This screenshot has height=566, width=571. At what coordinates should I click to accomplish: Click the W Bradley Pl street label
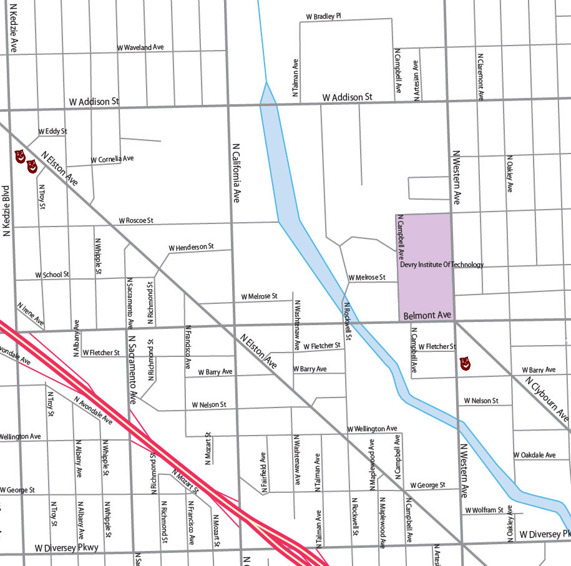tap(323, 16)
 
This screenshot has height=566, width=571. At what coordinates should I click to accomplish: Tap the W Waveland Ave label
tap(140, 47)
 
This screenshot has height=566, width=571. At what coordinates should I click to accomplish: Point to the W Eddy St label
tap(52, 132)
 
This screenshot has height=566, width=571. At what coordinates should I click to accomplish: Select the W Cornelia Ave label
tap(112, 160)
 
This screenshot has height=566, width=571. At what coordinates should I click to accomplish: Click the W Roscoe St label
tap(135, 221)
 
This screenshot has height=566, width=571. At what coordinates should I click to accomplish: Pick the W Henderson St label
tap(191, 248)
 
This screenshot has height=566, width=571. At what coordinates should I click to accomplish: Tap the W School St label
tap(52, 275)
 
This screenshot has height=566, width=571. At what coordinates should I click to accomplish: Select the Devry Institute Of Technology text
tap(441, 265)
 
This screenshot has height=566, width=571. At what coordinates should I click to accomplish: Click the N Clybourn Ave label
tap(547, 398)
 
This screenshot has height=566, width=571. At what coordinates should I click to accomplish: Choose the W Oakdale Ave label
tap(534, 455)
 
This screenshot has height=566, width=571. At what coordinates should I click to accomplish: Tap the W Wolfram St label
tap(484, 510)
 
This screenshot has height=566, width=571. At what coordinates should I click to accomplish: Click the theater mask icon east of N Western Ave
tap(464, 363)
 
